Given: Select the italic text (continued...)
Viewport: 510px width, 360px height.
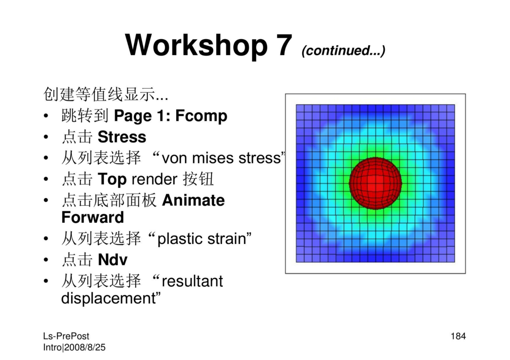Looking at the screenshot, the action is pos(343,50).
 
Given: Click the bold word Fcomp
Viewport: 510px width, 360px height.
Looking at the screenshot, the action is pos(201,116).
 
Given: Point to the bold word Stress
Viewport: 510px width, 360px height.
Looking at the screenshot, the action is pos(122,137).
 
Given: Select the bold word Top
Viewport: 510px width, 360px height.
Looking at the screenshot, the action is pos(112,179).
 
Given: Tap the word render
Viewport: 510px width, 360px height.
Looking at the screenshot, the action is pos(154,179).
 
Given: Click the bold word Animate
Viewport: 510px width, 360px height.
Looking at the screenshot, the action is pos(193,200).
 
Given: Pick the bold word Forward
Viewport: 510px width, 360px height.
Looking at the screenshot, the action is pos(93,218).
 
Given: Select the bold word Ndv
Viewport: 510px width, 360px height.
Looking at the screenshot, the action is pos(112,260).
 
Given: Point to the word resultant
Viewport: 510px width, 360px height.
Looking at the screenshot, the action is pos(192,281).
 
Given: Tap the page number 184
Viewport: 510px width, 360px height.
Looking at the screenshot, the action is pos(458,336).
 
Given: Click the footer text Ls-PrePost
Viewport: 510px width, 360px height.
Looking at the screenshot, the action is pos(66,336).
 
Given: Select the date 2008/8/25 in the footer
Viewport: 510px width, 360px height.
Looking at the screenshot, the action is pos(85,347).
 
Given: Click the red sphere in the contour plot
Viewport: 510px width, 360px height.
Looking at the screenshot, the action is pos(375,183).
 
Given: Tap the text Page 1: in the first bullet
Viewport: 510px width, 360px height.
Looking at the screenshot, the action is pos(143,116).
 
